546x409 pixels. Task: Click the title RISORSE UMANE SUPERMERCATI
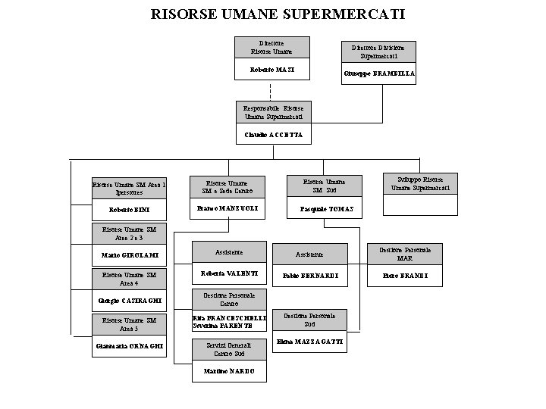click(x=278, y=14)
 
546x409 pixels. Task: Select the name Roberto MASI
click(x=271, y=70)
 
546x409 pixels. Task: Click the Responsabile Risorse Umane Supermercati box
click(x=273, y=113)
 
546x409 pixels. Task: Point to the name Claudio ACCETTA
click(x=273, y=135)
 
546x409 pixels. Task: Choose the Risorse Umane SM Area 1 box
click(x=129, y=186)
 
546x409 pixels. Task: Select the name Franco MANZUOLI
click(x=227, y=208)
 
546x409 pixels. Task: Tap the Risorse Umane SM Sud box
click(x=324, y=186)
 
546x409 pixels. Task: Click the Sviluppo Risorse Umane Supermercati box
click(x=420, y=183)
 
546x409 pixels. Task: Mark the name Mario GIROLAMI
click(x=129, y=255)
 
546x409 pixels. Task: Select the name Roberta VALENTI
click(x=228, y=273)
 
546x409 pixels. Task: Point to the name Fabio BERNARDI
click(x=309, y=276)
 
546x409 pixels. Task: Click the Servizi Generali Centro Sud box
click(x=228, y=349)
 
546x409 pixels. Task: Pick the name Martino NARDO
click(x=228, y=371)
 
